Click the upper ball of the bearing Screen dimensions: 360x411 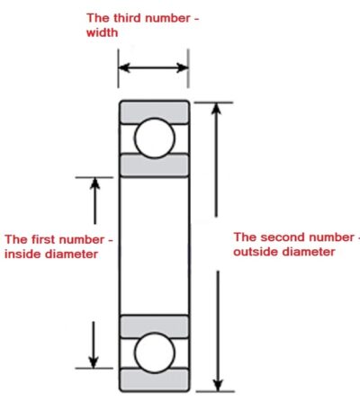pos(154,138)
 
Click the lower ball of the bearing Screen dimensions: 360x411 pos(154,353)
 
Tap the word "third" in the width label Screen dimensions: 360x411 pos(127,18)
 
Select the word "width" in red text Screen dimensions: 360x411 pos(102,32)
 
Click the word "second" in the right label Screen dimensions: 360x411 pos(283,237)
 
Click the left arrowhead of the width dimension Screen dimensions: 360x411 pos(124,67)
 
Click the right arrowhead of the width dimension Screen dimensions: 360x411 pos(182,67)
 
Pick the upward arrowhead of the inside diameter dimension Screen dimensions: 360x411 pos(95,183)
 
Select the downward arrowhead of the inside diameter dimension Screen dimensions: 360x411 pos(94,362)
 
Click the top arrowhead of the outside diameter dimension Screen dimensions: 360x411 pos(216,108)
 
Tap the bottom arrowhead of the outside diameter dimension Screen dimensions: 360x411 pos(218,385)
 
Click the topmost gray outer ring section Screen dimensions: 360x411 pos(154,112)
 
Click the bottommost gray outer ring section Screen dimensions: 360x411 pos(154,380)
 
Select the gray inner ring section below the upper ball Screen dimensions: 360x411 pos(154,165)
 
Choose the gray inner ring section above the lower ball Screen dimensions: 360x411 pos(154,326)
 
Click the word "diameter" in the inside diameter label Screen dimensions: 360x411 pos(72,255)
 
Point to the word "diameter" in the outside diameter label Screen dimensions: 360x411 pos(309,252)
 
